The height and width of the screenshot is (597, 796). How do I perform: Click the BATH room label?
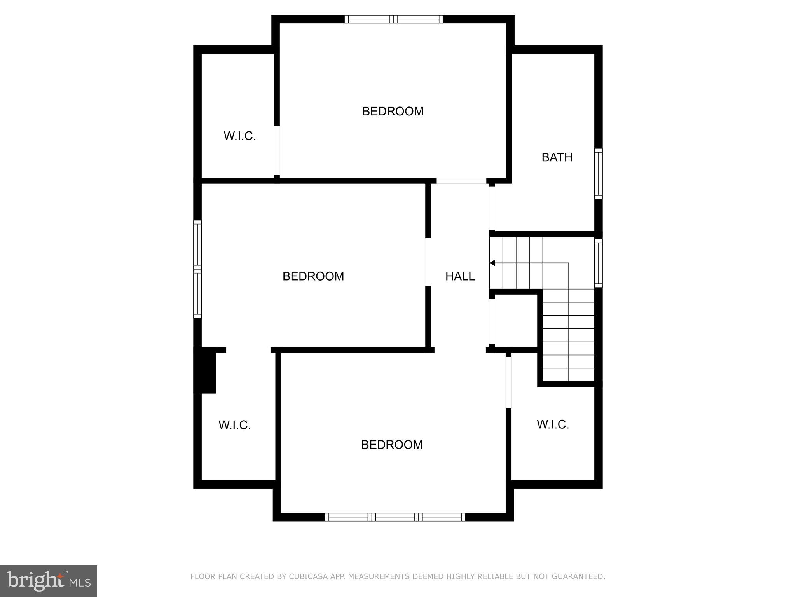point(557,157)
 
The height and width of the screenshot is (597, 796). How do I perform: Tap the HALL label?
point(460,276)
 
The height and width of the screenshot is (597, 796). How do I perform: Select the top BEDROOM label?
point(393,112)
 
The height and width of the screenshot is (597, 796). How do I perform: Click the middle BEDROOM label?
point(313,276)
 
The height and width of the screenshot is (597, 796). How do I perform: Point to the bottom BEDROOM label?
point(392,445)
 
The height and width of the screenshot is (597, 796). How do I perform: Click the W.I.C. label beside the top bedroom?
point(239,136)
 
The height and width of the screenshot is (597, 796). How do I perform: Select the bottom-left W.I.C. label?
point(234,425)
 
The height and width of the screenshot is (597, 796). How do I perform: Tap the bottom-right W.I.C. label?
point(553,424)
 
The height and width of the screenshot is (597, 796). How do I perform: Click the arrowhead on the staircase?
point(492,263)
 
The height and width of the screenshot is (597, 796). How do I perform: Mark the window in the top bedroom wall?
point(393,19)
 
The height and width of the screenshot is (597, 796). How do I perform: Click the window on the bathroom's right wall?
point(599,174)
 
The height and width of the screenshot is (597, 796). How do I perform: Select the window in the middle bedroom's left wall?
point(197,269)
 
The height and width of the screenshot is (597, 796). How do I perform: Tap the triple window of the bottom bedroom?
point(395,517)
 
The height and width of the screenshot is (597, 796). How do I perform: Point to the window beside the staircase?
point(599,263)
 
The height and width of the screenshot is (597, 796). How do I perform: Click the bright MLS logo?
point(49,581)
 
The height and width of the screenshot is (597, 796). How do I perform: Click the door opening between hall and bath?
point(492,208)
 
